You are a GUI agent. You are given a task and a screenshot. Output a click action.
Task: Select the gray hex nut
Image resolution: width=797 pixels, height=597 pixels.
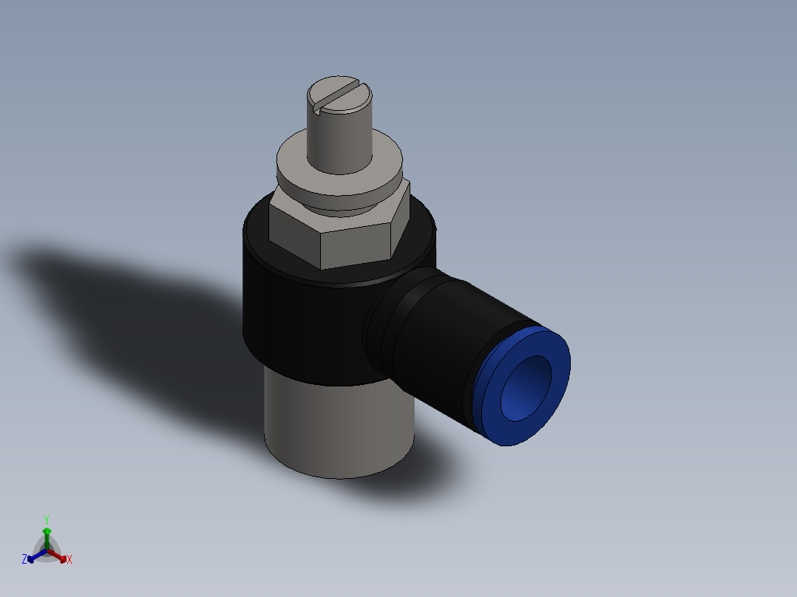click(x=355, y=236)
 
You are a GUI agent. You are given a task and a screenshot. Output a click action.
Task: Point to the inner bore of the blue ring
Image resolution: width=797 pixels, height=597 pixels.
click(x=526, y=388)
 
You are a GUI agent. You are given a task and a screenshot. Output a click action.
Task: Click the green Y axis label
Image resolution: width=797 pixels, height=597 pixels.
click(x=46, y=519)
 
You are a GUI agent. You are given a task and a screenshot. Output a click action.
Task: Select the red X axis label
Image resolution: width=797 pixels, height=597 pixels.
click(x=69, y=560)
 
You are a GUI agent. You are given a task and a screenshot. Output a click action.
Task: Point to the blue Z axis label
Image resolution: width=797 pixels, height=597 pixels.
click(x=24, y=560)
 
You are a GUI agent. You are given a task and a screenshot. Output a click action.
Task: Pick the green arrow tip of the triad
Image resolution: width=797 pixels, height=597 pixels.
click(x=47, y=531)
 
